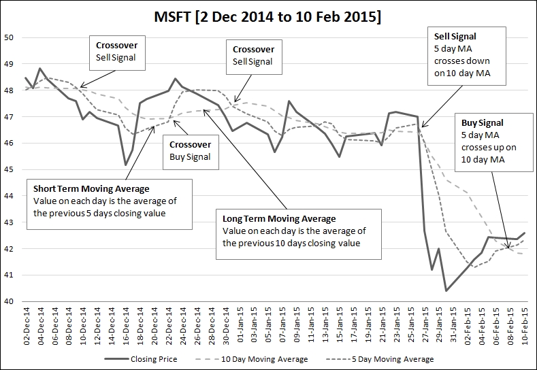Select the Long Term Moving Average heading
[279, 218]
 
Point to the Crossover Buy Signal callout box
[190, 151]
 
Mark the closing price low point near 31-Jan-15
[446, 291]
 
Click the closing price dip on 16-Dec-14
[125, 165]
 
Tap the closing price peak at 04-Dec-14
[40, 69]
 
